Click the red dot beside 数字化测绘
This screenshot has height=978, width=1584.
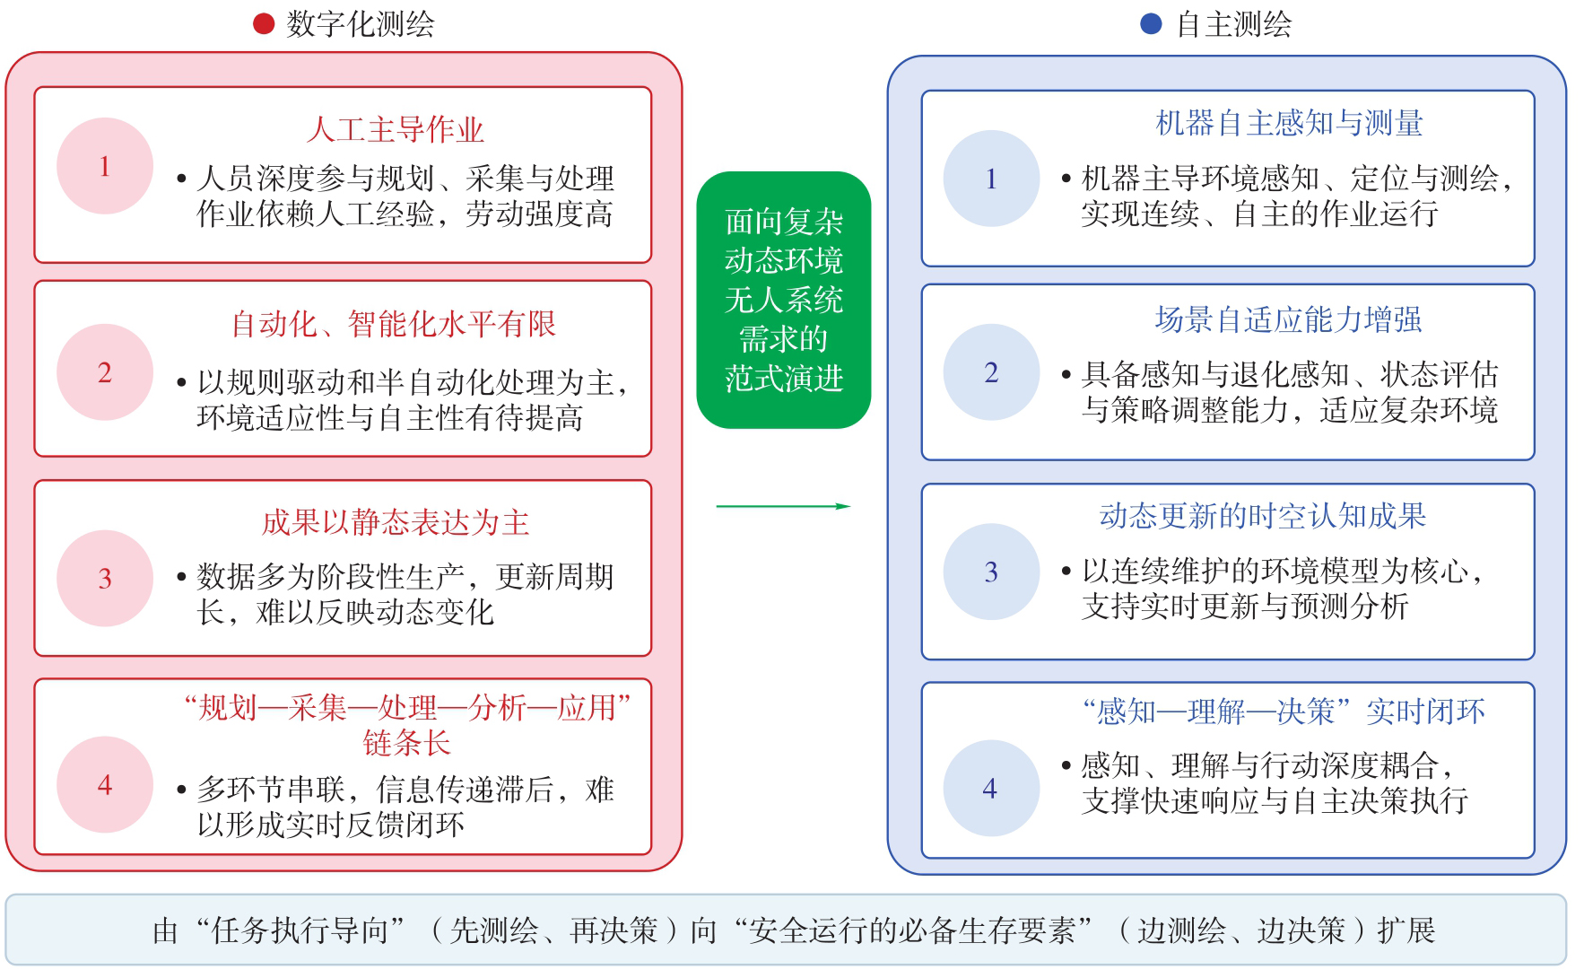tap(264, 24)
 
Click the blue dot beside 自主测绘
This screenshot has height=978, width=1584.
tap(1151, 24)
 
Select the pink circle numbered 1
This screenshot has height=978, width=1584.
tap(105, 166)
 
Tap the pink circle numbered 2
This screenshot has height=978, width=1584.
tap(105, 372)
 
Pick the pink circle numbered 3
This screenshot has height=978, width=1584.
tap(105, 579)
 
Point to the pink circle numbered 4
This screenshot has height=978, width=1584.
tap(105, 785)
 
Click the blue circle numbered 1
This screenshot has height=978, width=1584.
tap(991, 179)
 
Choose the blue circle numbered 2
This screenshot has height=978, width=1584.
tap(991, 372)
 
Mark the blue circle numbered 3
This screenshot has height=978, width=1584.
tap(991, 572)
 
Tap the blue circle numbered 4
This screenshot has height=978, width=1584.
tap(991, 789)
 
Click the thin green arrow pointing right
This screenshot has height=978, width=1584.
tap(783, 506)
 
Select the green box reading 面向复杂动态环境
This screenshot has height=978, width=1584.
tap(784, 300)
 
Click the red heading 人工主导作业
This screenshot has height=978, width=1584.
tap(395, 130)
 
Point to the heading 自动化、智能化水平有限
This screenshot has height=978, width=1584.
tap(394, 324)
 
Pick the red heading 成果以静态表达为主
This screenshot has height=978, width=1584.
tap(396, 522)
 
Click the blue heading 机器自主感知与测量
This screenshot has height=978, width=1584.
tap(1289, 123)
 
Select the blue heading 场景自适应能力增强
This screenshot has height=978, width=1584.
tap(1288, 319)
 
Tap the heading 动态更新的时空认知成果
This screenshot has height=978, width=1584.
tap(1263, 516)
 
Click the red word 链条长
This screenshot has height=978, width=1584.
tap(406, 743)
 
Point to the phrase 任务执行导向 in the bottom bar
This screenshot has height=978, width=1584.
tap(300, 930)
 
